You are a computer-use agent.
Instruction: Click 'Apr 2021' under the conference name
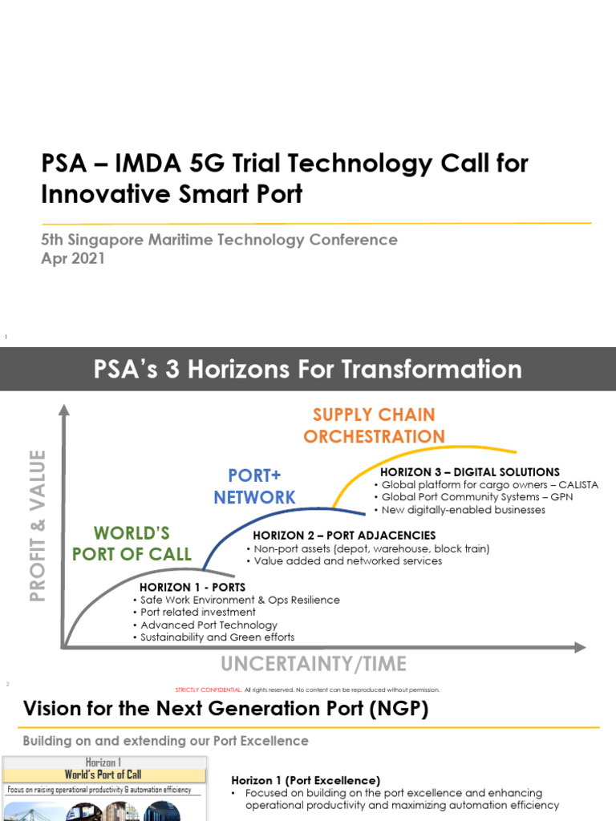[73, 259]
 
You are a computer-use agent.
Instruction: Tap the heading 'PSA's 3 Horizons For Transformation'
[308, 370]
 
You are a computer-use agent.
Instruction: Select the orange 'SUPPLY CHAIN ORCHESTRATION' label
[374, 426]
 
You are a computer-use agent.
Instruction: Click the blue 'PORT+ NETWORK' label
[254, 486]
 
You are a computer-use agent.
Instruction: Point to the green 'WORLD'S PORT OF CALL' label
[132, 544]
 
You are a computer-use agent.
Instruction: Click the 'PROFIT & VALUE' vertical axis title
[37, 525]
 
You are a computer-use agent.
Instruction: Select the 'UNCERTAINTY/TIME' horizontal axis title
[314, 664]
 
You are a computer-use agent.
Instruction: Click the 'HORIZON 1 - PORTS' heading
[192, 588]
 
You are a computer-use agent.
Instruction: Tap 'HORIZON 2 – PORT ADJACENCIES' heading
[344, 535]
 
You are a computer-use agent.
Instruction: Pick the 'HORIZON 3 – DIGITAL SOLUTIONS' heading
[469, 472]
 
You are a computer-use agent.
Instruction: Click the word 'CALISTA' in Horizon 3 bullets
[575, 485]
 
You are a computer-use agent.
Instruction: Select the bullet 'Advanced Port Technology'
[209, 625]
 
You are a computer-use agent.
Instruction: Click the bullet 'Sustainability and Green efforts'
[217, 637]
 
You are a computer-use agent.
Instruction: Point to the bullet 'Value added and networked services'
[347, 561]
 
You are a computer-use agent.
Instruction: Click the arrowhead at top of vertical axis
[64, 410]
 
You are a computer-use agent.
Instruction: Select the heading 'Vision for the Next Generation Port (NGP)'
[225, 709]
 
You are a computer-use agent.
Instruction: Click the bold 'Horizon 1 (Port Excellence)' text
[306, 780]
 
